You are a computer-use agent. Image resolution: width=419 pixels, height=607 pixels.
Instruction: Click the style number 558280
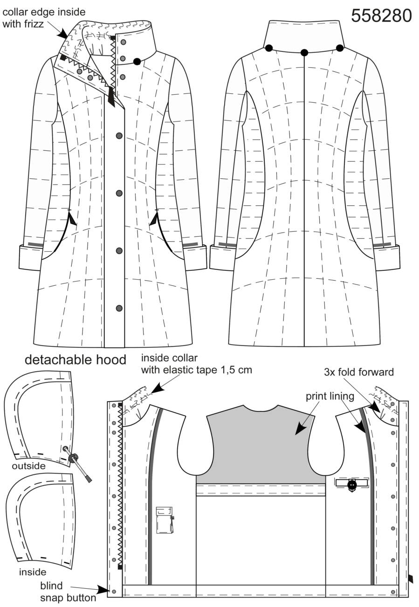pyautogui.click(x=381, y=16)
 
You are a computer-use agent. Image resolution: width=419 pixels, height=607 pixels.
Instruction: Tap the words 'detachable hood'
pyautogui.click(x=76, y=360)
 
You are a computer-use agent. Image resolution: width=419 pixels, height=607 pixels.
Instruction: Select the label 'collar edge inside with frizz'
pyautogui.click(x=44, y=18)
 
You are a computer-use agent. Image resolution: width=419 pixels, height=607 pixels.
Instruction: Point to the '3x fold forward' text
pyautogui.click(x=359, y=372)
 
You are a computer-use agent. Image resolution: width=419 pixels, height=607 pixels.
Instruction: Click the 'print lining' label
pyautogui.click(x=330, y=397)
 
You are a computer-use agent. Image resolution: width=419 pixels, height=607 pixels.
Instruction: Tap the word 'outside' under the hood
pyautogui.click(x=29, y=466)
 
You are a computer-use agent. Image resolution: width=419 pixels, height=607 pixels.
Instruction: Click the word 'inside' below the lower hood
pyautogui.click(x=33, y=572)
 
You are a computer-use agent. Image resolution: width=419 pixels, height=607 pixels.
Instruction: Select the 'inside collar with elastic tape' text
pyautogui.click(x=196, y=364)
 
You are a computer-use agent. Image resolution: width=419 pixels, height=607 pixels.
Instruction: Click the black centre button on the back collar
pyautogui.click(x=304, y=52)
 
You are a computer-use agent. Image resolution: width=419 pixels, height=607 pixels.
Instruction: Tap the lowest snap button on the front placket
pyautogui.click(x=119, y=308)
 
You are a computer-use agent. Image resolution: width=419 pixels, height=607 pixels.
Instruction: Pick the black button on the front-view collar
pyautogui.click(x=137, y=62)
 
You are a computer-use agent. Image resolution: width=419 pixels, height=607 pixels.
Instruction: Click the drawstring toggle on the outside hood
pyautogui.click(x=73, y=458)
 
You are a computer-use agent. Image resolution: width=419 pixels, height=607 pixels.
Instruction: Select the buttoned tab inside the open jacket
pyautogui.click(x=351, y=483)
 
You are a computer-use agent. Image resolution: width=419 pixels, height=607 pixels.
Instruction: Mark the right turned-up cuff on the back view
pyautogui.click(x=387, y=257)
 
